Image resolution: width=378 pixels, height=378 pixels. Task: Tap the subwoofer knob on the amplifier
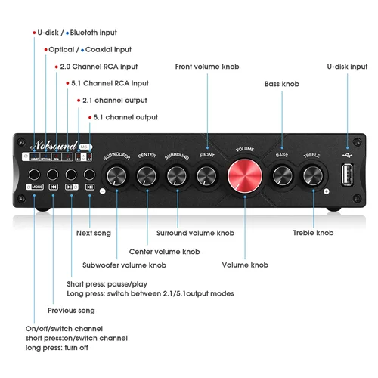click(x=117, y=178)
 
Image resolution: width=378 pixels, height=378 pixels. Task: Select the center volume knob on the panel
click(x=147, y=177)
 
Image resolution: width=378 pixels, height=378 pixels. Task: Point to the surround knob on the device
click(x=178, y=177)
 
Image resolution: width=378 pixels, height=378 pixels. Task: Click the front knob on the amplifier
click(x=207, y=177)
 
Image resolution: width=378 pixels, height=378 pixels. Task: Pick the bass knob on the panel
click(x=282, y=176)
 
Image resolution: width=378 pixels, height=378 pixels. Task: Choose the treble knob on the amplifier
click(x=311, y=176)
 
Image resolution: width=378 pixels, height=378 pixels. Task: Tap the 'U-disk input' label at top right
click(x=347, y=67)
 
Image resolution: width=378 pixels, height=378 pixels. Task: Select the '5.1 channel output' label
click(x=125, y=117)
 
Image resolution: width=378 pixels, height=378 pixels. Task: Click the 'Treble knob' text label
click(x=313, y=233)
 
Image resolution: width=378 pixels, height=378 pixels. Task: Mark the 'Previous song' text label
click(x=72, y=311)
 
